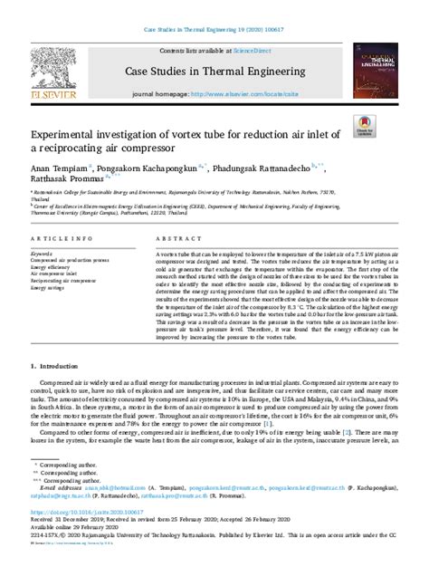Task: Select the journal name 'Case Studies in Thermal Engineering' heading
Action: [214, 71]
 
